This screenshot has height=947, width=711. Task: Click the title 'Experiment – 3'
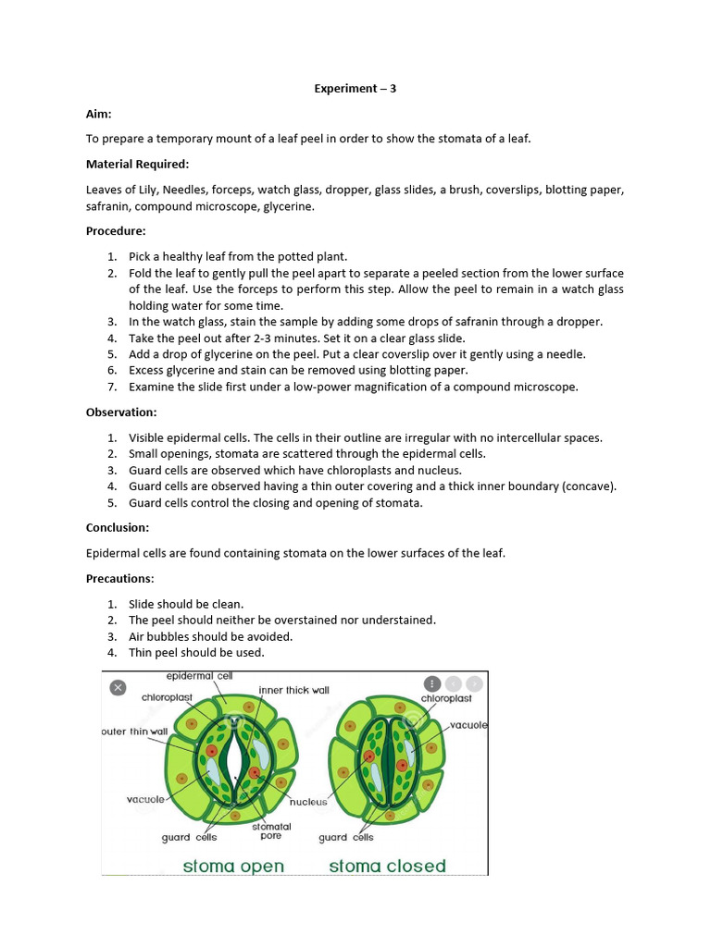click(355, 89)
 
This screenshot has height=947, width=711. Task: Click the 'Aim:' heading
click(99, 113)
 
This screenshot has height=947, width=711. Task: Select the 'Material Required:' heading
click(137, 164)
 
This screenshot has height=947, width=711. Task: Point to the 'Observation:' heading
click(121, 412)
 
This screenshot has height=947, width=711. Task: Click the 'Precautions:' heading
click(120, 578)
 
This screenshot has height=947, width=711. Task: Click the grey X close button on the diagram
click(118, 687)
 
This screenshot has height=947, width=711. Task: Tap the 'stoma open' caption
click(233, 867)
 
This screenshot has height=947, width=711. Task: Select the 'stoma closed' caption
click(387, 867)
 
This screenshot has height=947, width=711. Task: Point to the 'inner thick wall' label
click(293, 690)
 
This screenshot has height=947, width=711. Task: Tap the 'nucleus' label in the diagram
click(308, 802)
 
